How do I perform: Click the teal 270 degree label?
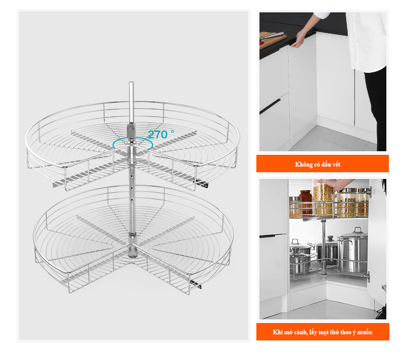(161, 134)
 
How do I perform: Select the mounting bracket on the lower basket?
(196, 284)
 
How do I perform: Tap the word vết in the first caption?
(337, 165)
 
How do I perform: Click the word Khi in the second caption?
(277, 332)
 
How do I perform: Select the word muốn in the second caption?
(365, 332)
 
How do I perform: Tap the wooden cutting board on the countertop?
(272, 40)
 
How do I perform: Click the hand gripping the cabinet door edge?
(298, 40)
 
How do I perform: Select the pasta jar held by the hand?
(323, 199)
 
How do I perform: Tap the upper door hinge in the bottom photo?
(368, 191)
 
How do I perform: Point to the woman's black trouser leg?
(377, 105)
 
